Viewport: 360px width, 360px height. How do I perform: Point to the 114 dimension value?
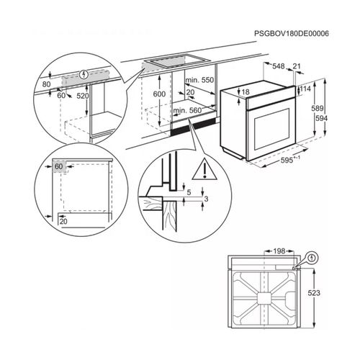pyautogui.click(x=305, y=89)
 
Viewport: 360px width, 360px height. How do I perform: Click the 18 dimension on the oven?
pyautogui.click(x=246, y=92)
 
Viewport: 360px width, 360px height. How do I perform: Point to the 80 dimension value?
pyautogui.click(x=47, y=84)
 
